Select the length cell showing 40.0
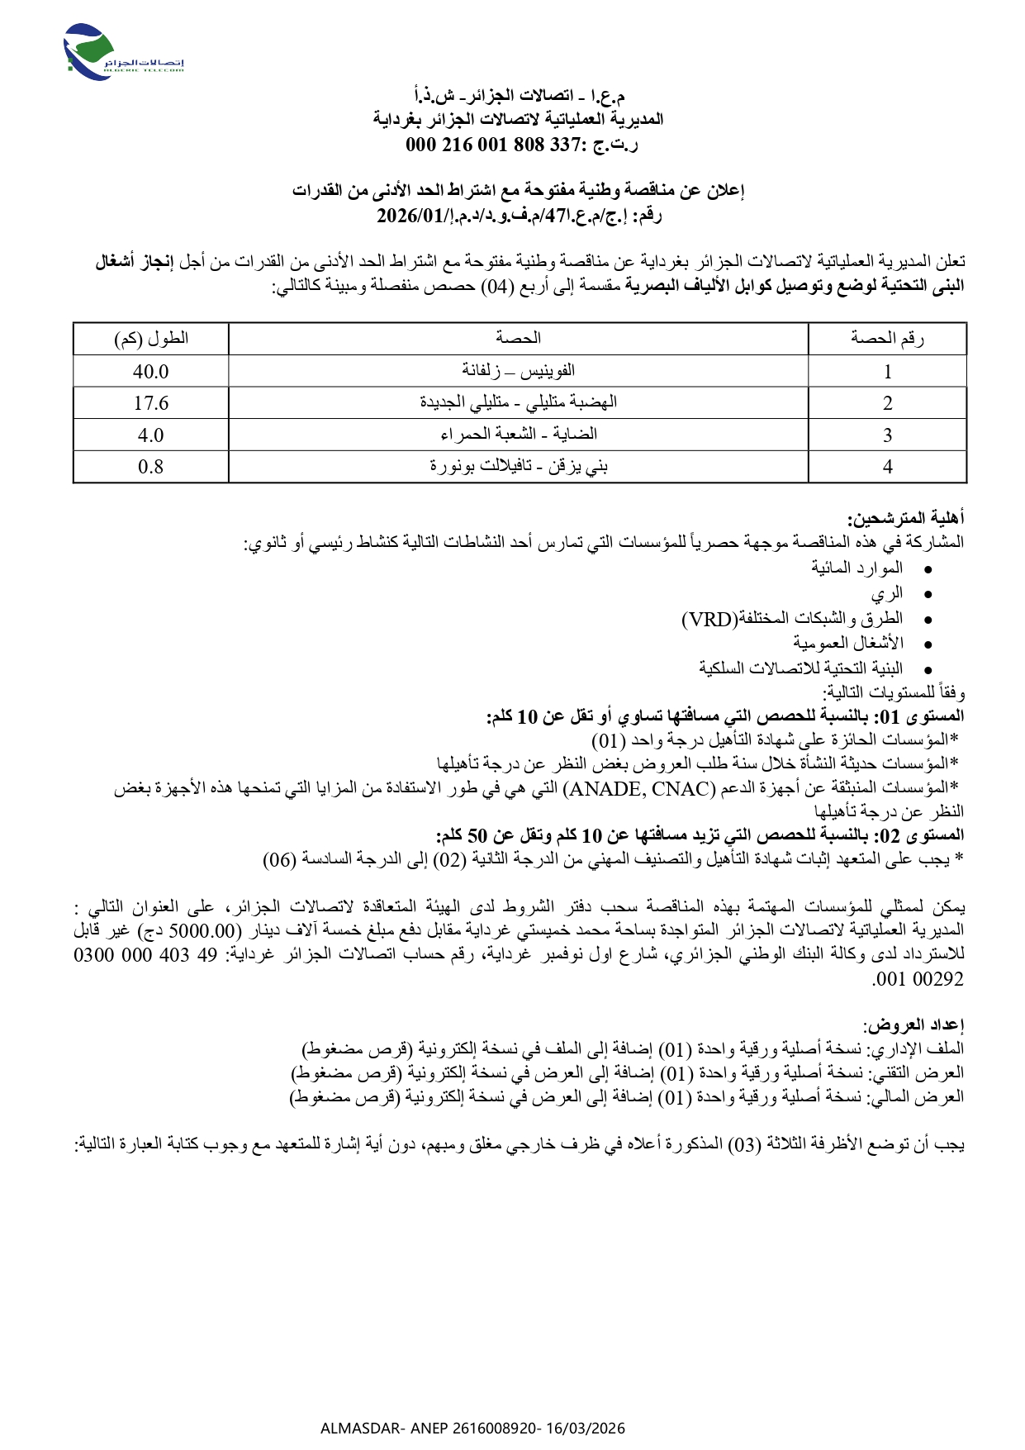150,371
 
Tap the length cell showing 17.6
150,403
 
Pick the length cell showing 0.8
150,467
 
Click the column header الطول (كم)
151,338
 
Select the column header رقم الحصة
887,338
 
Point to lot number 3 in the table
887,435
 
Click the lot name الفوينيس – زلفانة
518,371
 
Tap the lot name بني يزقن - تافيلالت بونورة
518,467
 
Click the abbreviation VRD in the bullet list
709,620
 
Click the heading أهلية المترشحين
905,519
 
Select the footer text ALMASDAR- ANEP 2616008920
429,1428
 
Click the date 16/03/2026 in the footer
586,1428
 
